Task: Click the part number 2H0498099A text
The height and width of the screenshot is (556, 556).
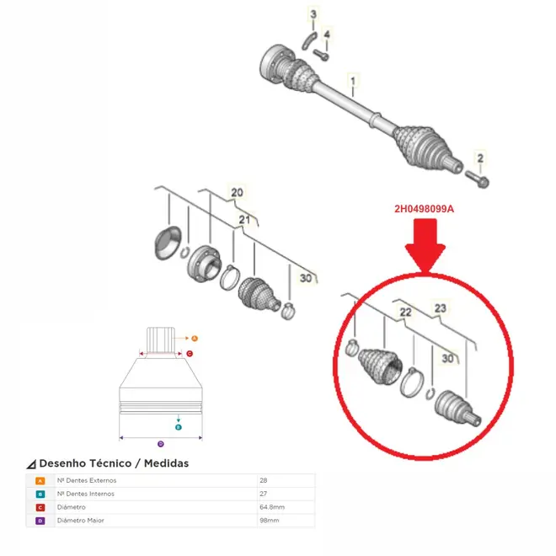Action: (x=424, y=209)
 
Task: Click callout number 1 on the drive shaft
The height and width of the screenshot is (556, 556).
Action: (x=352, y=81)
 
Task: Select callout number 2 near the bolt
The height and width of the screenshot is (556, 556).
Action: (x=480, y=158)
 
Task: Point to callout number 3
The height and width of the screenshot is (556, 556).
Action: (x=313, y=14)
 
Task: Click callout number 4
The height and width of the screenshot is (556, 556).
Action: (x=327, y=35)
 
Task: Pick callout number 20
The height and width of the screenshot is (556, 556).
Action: (x=237, y=193)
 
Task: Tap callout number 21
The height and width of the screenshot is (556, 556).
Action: (x=244, y=220)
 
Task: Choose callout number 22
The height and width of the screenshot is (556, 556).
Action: (x=405, y=312)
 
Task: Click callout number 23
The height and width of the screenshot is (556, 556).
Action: (x=440, y=308)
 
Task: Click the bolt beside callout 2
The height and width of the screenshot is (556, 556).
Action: (x=477, y=179)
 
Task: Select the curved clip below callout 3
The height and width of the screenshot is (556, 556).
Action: (x=309, y=40)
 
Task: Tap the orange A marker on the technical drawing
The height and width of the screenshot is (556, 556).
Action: (x=195, y=339)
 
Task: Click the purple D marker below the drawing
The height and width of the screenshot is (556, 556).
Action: (x=161, y=444)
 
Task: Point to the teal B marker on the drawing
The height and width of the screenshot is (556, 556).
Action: (x=179, y=427)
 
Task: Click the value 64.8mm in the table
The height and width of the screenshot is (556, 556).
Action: (x=272, y=507)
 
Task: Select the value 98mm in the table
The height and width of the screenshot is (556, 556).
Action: (x=269, y=521)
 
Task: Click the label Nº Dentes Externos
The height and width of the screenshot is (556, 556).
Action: (x=87, y=480)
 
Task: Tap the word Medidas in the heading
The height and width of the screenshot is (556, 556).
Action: (x=166, y=463)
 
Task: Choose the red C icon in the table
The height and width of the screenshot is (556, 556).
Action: (x=40, y=507)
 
